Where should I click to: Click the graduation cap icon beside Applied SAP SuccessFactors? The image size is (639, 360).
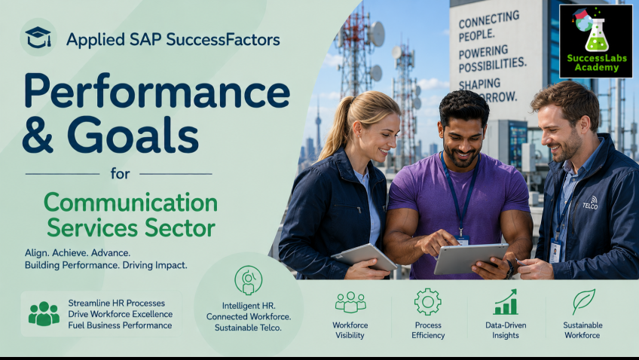pos(38,37)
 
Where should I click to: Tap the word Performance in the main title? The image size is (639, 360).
pos(157,91)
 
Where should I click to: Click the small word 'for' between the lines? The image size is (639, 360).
pos(120,174)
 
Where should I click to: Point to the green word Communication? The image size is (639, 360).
pos(131,203)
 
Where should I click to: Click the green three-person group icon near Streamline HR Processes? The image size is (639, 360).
pos(44,313)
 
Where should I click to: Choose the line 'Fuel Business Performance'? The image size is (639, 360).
pos(120,325)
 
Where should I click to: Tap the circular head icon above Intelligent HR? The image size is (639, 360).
pos(248,280)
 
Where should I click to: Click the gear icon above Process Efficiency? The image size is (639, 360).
pos(427,302)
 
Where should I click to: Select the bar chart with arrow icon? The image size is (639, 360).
pos(506,302)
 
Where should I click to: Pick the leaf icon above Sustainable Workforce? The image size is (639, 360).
pos(583,301)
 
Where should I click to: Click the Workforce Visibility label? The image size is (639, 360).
pos(350,331)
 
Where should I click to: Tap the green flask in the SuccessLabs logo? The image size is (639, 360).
pos(597,35)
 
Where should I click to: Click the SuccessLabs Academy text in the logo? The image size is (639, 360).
pos(597,63)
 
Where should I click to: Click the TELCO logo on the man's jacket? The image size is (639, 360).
pos(590,203)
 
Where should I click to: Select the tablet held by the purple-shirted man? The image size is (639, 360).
pos(471,258)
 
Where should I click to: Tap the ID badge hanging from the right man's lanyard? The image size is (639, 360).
pos(555,251)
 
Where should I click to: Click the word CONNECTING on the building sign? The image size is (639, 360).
pos(489,20)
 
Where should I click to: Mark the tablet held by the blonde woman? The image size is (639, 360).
pos(364,257)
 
